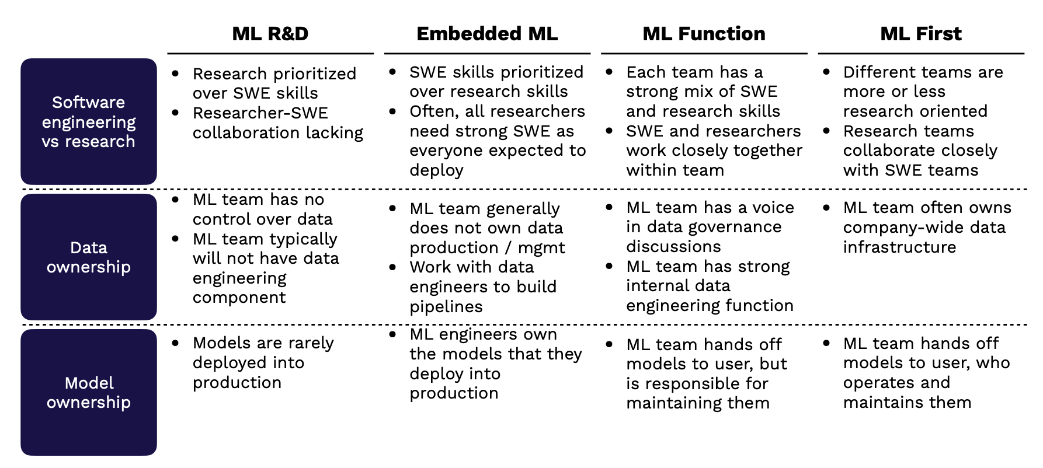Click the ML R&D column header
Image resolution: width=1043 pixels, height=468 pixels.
tap(270, 34)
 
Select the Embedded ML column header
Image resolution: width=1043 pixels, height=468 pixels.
tap(487, 34)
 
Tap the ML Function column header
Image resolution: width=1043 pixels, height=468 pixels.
tap(704, 34)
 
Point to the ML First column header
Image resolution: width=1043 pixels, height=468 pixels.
tap(921, 34)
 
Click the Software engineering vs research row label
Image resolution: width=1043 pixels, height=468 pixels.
tap(89, 121)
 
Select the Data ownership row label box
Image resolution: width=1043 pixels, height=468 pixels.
tap(89, 257)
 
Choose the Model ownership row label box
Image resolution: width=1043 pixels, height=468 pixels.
tap(89, 392)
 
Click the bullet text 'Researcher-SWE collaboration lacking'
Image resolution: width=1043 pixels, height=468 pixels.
tap(278, 123)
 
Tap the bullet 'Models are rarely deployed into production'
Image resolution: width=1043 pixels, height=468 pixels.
tap(263, 362)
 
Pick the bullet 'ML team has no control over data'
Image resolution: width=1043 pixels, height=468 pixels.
tap(263, 209)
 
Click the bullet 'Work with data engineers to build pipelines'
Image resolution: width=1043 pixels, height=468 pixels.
tap(483, 287)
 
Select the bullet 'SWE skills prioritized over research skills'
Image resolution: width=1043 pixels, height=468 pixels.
tap(496, 82)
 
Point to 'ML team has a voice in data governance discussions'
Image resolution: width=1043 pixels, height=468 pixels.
tap(710, 227)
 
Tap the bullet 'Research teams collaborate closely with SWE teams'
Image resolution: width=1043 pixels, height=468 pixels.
tap(920, 151)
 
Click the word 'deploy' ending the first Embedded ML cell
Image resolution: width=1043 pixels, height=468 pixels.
tap(436, 170)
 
